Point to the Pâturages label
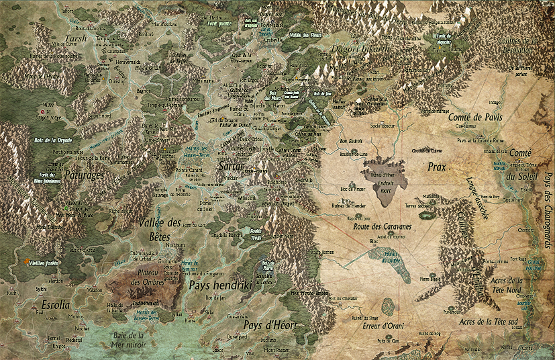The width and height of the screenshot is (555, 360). (x=84, y=175)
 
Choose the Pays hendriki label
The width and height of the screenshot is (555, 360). (x=219, y=285)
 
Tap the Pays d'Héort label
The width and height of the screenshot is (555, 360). (x=270, y=325)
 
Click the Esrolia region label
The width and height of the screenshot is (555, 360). (x=56, y=304)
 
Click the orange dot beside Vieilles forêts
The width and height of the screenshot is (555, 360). (x=26, y=261)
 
